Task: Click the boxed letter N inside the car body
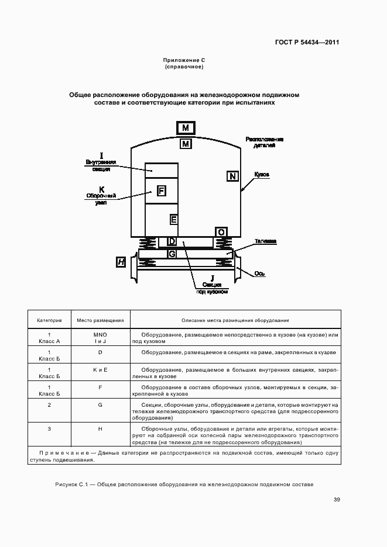pyautogui.click(x=232, y=176)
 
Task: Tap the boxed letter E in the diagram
pyautogui.click(x=174, y=220)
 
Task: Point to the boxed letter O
pyautogui.click(x=221, y=233)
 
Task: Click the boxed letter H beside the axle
pyautogui.click(x=121, y=262)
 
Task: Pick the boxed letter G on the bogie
pyautogui.click(x=172, y=254)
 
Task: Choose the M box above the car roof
pyautogui.click(x=186, y=128)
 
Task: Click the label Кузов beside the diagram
pyautogui.click(x=262, y=175)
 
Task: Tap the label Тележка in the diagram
pyautogui.click(x=265, y=241)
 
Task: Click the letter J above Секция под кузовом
pyautogui.click(x=213, y=278)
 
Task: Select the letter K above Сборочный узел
pyautogui.click(x=102, y=189)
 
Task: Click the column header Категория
pyautogui.click(x=50, y=320)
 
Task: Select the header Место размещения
pyautogui.click(x=100, y=320)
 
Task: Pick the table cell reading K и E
pyautogui.click(x=100, y=370)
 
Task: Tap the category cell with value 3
pyautogui.click(x=50, y=429)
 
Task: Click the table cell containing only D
pyautogui.click(x=100, y=352)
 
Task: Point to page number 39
pyautogui.click(x=337, y=500)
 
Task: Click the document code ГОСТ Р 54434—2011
pyautogui.click(x=307, y=42)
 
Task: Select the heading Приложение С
pyautogui.click(x=184, y=60)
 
